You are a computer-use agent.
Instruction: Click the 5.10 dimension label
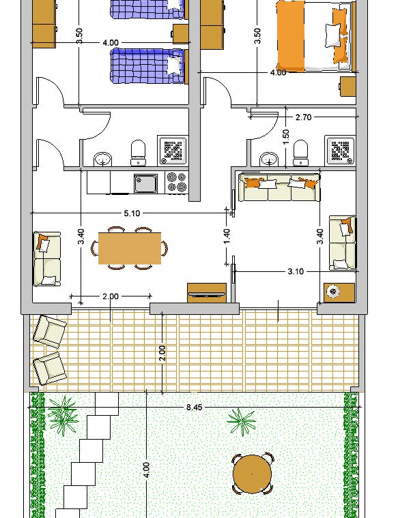point(132,213)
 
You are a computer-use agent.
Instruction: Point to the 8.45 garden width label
point(194,407)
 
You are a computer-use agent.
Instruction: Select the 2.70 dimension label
point(303,117)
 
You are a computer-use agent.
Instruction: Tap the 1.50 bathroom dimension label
point(286,136)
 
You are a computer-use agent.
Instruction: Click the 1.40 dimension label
point(227,237)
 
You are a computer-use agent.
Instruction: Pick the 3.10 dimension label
point(296,271)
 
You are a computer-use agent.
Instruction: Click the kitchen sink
point(145,183)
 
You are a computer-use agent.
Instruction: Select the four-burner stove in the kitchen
point(177,183)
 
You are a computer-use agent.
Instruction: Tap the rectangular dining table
point(130,248)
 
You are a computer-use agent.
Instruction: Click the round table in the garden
point(252,474)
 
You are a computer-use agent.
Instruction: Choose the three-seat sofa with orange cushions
point(280,187)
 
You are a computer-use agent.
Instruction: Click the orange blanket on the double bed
point(290,36)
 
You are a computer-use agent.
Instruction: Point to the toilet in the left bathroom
point(139,153)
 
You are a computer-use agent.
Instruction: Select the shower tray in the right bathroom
point(341,151)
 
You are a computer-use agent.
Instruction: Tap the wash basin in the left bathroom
point(103,159)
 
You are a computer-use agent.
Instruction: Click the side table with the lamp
point(339,292)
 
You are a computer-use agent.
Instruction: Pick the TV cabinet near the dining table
point(207,292)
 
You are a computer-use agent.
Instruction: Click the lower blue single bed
point(147,66)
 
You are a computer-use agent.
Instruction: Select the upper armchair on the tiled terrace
point(51,331)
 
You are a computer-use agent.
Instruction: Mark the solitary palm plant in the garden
point(242,421)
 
